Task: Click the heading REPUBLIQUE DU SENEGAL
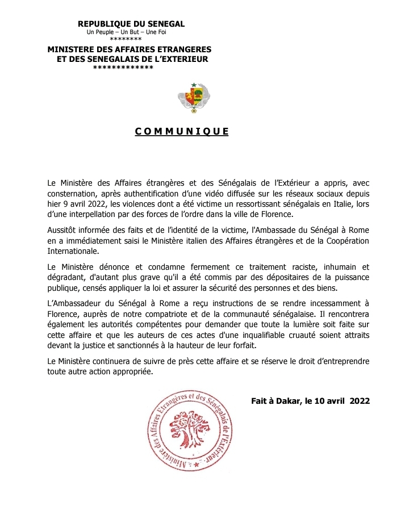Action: (x=131, y=23)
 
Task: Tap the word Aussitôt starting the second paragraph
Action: (x=64, y=230)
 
